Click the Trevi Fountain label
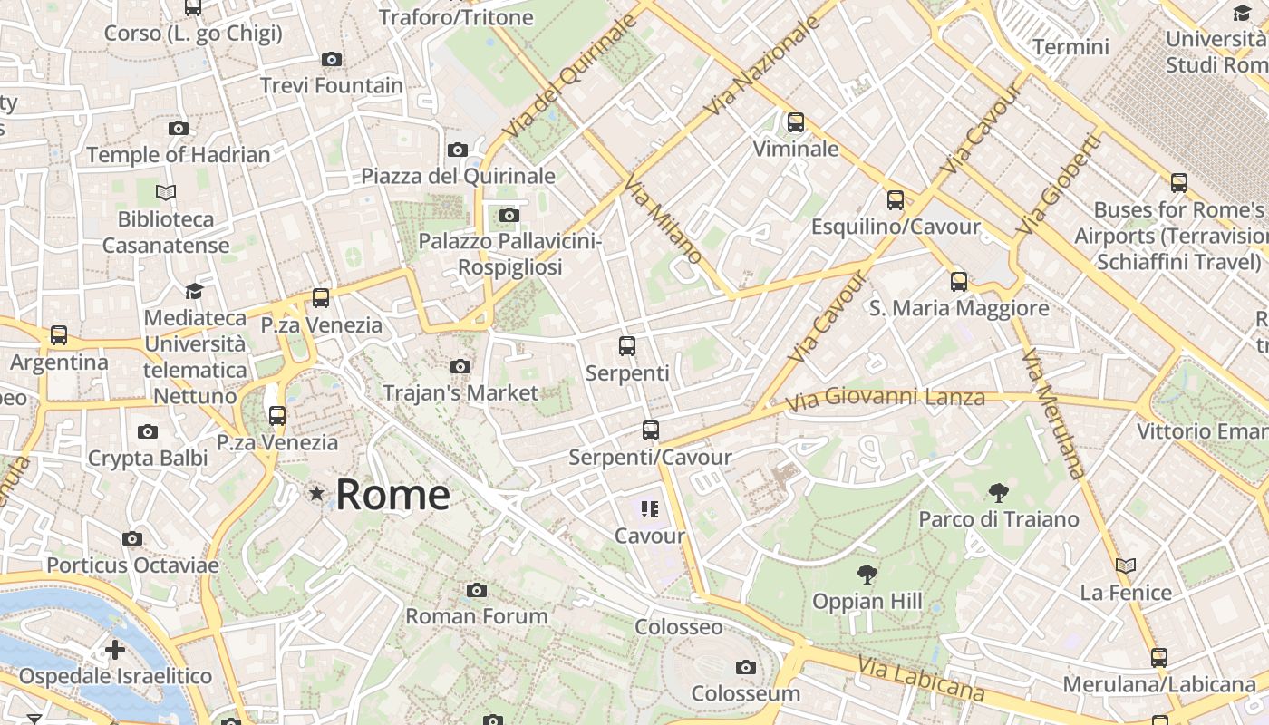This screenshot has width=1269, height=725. click(332, 85)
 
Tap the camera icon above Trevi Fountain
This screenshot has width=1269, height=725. click(332, 60)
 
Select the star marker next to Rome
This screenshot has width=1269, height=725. click(316, 494)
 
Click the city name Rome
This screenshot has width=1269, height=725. click(392, 495)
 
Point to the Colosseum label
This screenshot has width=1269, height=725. click(745, 693)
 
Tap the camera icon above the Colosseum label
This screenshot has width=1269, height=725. click(745, 668)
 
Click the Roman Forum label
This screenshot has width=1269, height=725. click(476, 616)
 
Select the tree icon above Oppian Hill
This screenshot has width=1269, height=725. click(867, 575)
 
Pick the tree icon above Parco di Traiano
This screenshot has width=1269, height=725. click(999, 493)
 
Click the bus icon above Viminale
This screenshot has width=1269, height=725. click(796, 121)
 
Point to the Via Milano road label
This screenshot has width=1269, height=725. click(663, 220)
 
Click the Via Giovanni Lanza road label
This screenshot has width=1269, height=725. click(885, 399)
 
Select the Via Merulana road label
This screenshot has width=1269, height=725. click(1051, 413)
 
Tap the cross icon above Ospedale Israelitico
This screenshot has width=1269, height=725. click(114, 650)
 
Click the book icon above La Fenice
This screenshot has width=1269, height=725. click(1126, 566)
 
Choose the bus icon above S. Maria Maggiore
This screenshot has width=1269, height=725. click(959, 282)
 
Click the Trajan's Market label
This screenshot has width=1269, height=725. click(460, 392)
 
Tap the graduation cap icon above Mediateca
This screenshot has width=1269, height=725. click(194, 291)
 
